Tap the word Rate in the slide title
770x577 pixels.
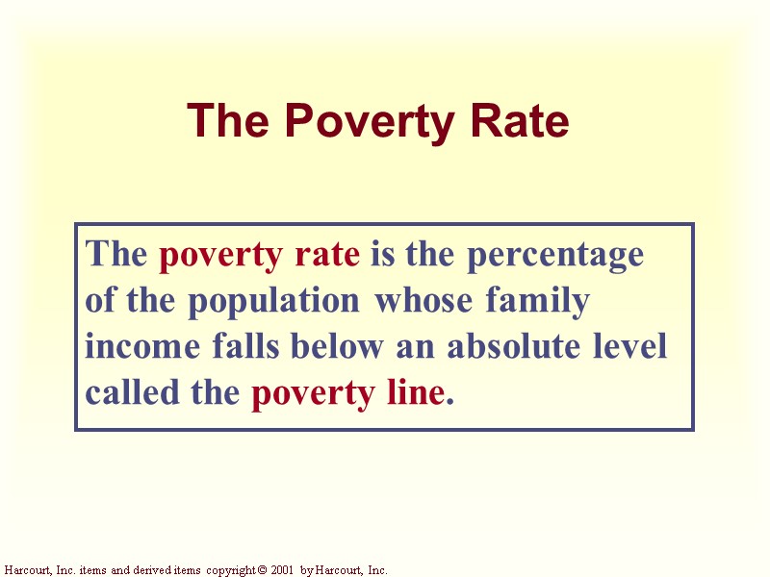(521, 122)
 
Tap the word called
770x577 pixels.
(125, 392)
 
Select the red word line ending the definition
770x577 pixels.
(417, 392)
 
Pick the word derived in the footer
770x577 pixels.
(145, 570)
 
